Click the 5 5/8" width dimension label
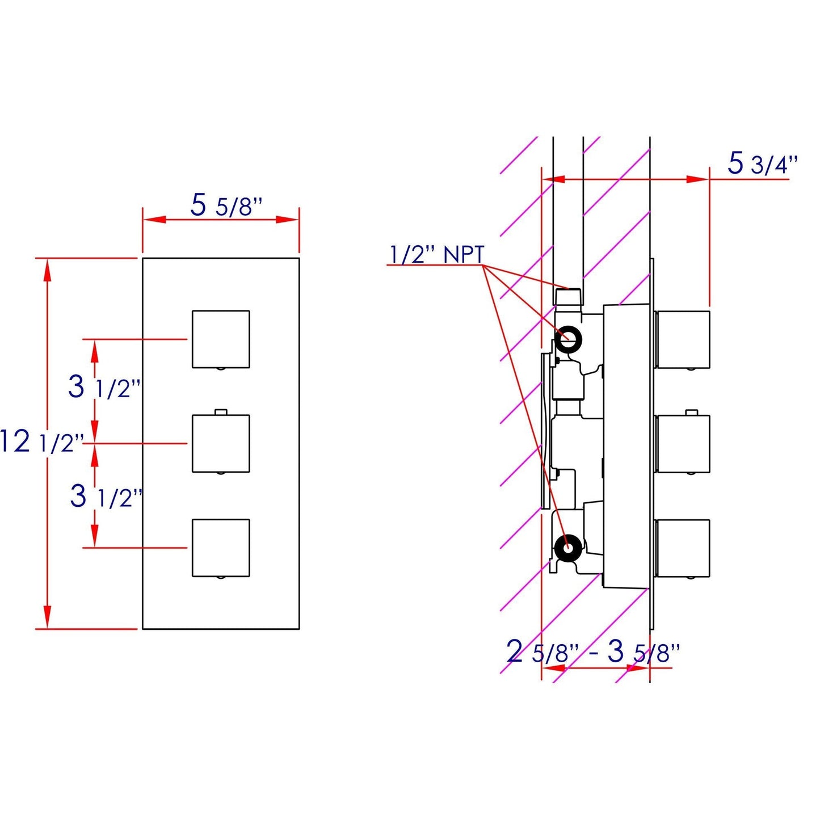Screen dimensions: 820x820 226,206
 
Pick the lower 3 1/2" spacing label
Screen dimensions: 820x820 106,497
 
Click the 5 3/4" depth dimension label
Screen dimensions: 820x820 762,165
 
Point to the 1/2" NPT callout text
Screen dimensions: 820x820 436,255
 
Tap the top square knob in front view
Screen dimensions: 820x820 221,339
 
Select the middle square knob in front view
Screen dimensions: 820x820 221,443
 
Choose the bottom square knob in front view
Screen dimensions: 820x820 221,548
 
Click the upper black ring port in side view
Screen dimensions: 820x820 568,339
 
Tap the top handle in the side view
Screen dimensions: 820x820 683,339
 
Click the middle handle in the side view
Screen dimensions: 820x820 683,443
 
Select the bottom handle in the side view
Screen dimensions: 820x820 683,548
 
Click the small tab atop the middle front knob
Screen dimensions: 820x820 221,411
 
